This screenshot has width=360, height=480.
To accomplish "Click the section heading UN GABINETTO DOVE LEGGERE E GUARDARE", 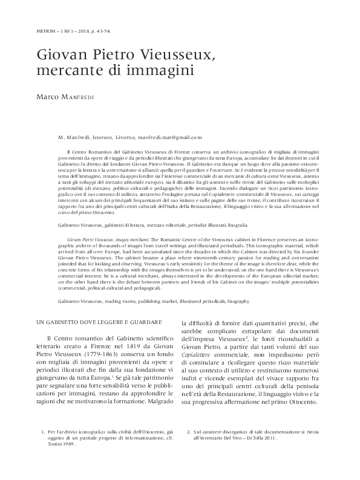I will [x=91, y=322].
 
